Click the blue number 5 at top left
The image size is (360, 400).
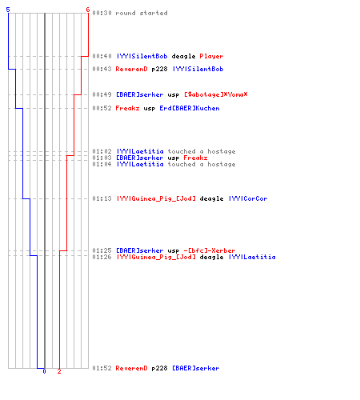[x=8, y=10]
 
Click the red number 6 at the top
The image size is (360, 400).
[x=88, y=10]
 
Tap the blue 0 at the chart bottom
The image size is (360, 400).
[x=44, y=371]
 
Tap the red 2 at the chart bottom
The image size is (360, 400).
[x=59, y=371]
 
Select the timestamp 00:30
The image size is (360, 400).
[x=102, y=13]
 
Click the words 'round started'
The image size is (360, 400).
[x=142, y=13]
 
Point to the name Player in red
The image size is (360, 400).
[x=211, y=56]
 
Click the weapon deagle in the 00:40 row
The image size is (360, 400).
[x=183, y=56]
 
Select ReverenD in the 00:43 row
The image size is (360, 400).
[x=131, y=69]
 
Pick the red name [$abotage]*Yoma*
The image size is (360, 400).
[x=216, y=94]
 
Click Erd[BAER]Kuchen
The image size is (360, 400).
[x=190, y=108]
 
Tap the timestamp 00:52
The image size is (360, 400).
[x=102, y=108]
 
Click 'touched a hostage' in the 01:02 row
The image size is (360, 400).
[x=202, y=151]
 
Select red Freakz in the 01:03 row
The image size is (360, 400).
[x=195, y=158]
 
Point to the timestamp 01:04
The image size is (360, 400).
[x=102, y=164]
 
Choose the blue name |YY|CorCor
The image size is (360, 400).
[x=248, y=198]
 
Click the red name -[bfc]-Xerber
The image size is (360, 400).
[x=210, y=250]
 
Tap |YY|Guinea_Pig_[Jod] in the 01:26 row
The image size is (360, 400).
[x=156, y=257]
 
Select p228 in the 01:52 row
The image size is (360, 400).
[x=159, y=368]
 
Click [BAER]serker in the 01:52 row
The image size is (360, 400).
[x=196, y=368]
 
